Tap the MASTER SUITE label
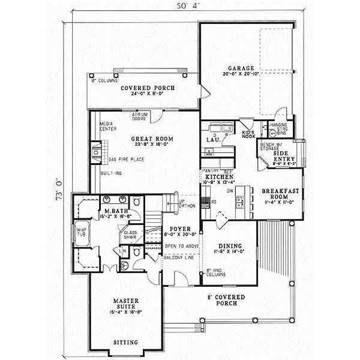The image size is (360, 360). click(127, 303)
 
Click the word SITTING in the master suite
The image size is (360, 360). click(126, 343)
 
